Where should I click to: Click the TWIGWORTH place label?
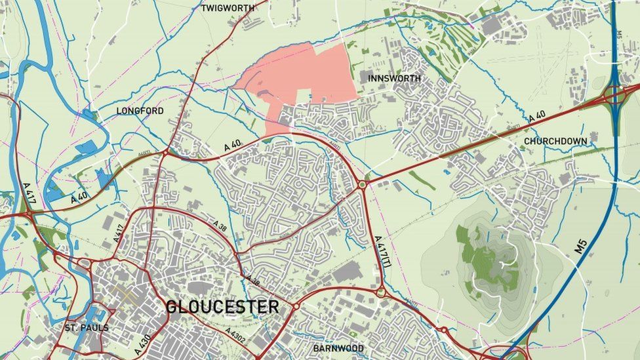pyautogui.click(x=227, y=9)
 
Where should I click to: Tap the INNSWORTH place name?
pyautogui.click(x=394, y=79)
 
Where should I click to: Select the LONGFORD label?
pyautogui.click(x=140, y=111)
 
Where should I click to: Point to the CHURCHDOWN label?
pyautogui.click(x=555, y=141)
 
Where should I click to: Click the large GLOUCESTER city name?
pyautogui.click(x=222, y=307)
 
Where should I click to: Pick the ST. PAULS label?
pyautogui.click(x=87, y=328)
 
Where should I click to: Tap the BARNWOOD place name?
pyautogui.click(x=338, y=348)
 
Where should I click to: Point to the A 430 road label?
pyautogui.click(x=143, y=345)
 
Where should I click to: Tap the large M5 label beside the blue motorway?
pyautogui.click(x=581, y=246)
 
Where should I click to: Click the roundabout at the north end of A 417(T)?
pyautogui.click(x=361, y=185)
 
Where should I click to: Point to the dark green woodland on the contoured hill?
pyautogui.click(x=489, y=259)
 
